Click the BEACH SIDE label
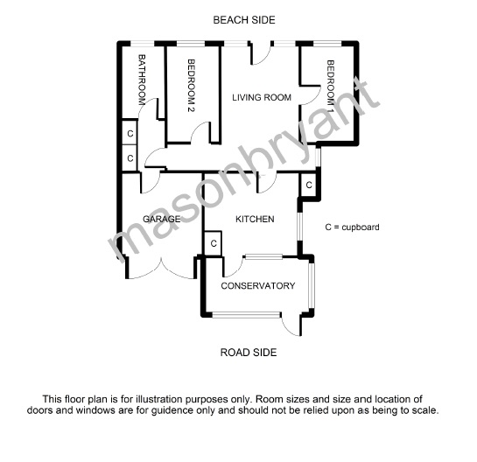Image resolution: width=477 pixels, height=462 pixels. pos(244,20)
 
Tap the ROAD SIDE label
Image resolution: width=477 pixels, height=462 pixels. pos(249,353)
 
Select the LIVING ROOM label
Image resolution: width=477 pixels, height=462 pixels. pos(262,98)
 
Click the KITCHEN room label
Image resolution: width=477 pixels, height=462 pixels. pos(255,219)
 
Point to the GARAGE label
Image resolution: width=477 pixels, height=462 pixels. pos(162,219)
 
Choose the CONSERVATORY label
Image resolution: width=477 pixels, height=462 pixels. pos(258,286)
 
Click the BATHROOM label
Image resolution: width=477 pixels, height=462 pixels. pos(142,80)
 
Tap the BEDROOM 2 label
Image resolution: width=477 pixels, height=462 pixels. pos(191,86)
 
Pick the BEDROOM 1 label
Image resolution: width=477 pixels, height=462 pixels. pos(330,87)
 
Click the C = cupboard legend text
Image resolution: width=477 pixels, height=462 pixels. pos(352,227)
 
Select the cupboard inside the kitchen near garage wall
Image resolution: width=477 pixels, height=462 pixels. pos(214,243)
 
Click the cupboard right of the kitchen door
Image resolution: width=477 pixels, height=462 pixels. pos(309,185)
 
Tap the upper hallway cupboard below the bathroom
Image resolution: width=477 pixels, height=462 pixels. pos(130,133)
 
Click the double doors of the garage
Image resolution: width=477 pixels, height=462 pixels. pos(161,269)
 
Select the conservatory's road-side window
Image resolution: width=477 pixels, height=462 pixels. pos(246,315)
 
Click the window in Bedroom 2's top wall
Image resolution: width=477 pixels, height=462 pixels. pos(191,44)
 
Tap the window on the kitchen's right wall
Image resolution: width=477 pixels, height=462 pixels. pos(300,227)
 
